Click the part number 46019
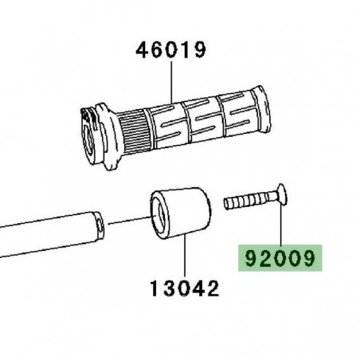(x=171, y=50)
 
